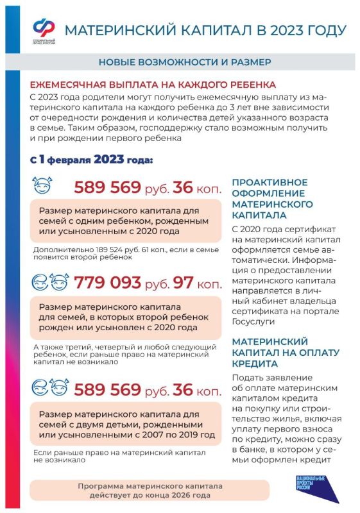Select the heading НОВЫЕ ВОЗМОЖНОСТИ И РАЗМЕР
click(184, 62)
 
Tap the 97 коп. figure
click(199, 283)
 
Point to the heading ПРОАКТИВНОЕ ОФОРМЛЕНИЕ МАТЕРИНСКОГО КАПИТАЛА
click(273, 199)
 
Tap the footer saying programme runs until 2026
click(144, 491)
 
